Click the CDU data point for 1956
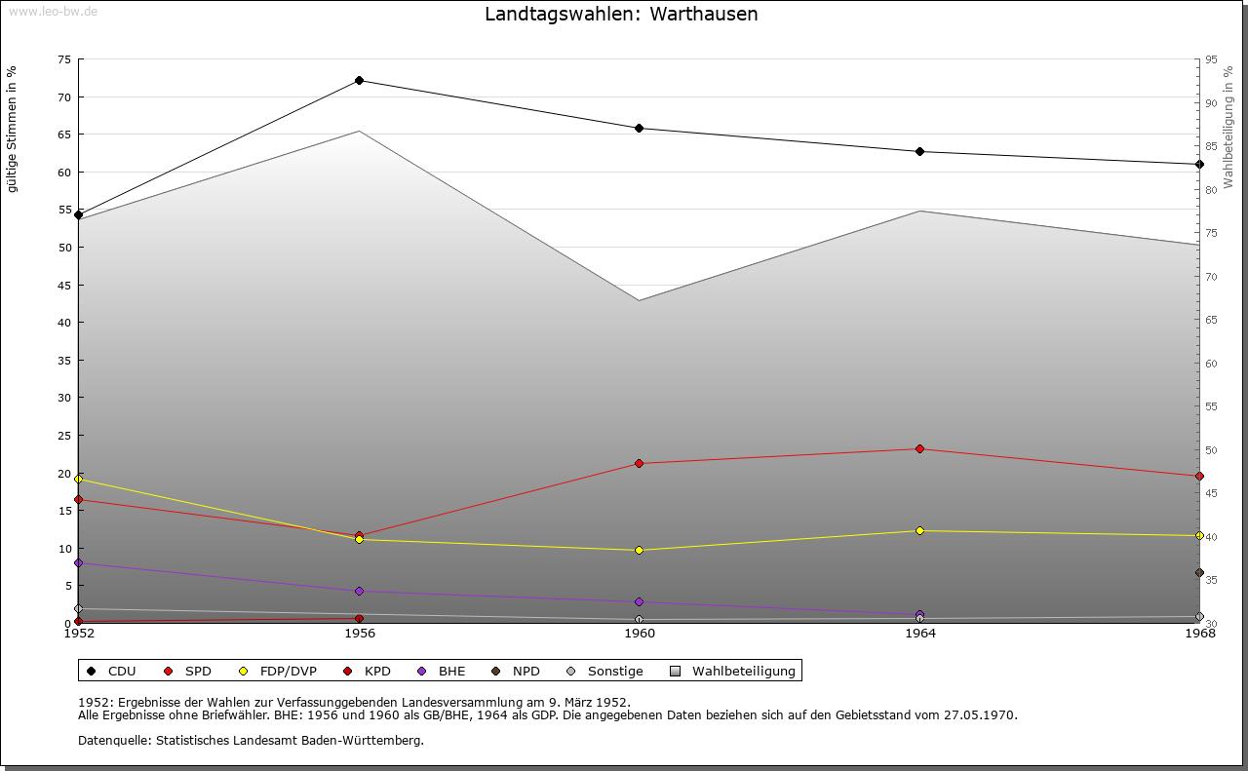359,81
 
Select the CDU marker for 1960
640,129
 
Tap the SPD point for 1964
919,449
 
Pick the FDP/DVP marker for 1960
640,551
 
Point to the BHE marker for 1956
359,592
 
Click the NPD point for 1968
1199,573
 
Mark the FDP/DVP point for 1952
79,480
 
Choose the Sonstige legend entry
604,672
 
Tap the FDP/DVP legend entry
278,672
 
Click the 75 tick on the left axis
63,59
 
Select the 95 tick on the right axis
1211,59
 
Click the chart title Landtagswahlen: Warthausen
621,15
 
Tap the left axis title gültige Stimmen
13,129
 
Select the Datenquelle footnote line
251,741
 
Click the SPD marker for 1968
1199,477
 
